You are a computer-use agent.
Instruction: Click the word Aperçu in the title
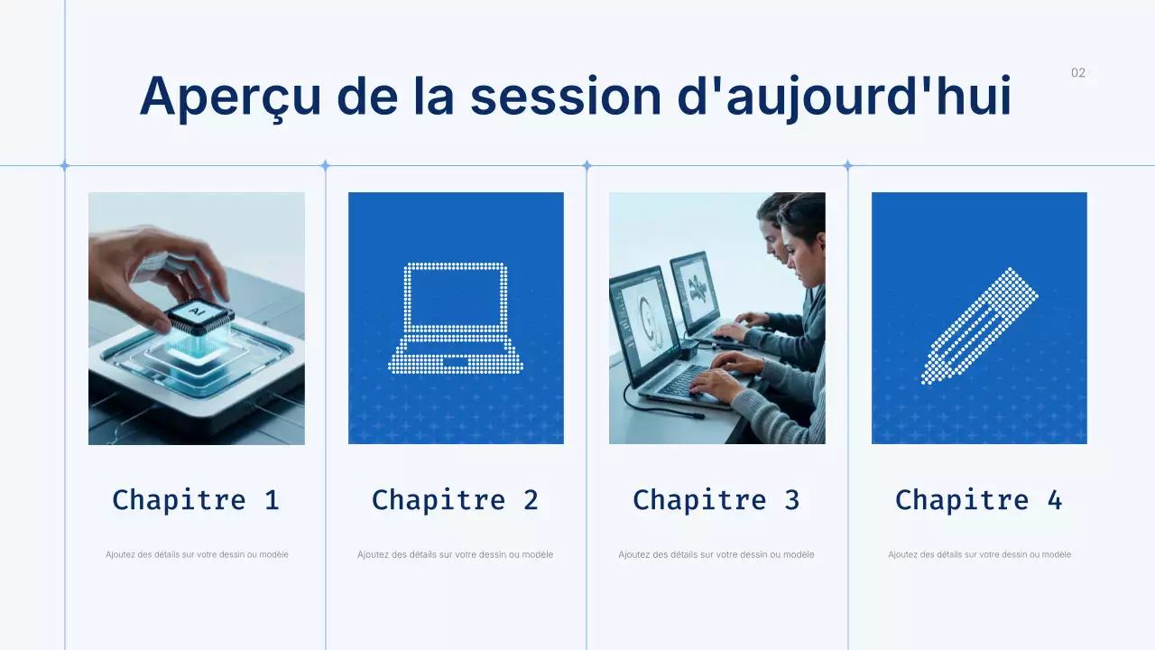pos(229,96)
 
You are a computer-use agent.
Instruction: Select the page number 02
pos(1078,73)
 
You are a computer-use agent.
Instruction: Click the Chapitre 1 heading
pos(196,499)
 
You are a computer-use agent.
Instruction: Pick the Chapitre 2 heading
pos(456,499)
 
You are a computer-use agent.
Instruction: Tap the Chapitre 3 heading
pos(716,499)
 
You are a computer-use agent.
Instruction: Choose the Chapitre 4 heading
pos(979,499)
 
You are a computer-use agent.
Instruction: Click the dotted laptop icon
pos(456,318)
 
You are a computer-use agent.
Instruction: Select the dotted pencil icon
pos(979,325)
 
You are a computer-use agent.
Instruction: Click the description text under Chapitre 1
pos(197,554)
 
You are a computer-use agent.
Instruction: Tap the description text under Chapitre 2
pos(456,554)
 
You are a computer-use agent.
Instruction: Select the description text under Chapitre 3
pos(716,554)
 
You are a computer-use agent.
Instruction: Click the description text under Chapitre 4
pos(979,554)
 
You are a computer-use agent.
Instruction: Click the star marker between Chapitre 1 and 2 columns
pos(326,165)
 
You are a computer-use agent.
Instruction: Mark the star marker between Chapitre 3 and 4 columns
pos(847,165)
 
